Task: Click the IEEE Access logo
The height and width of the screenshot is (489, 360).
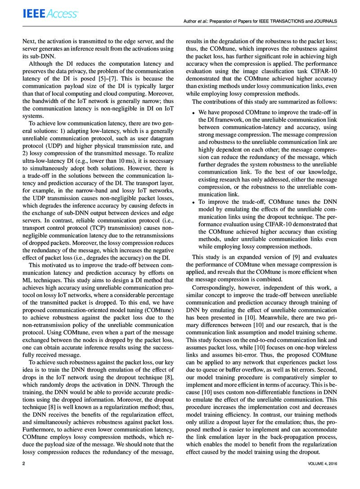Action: (50, 14)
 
